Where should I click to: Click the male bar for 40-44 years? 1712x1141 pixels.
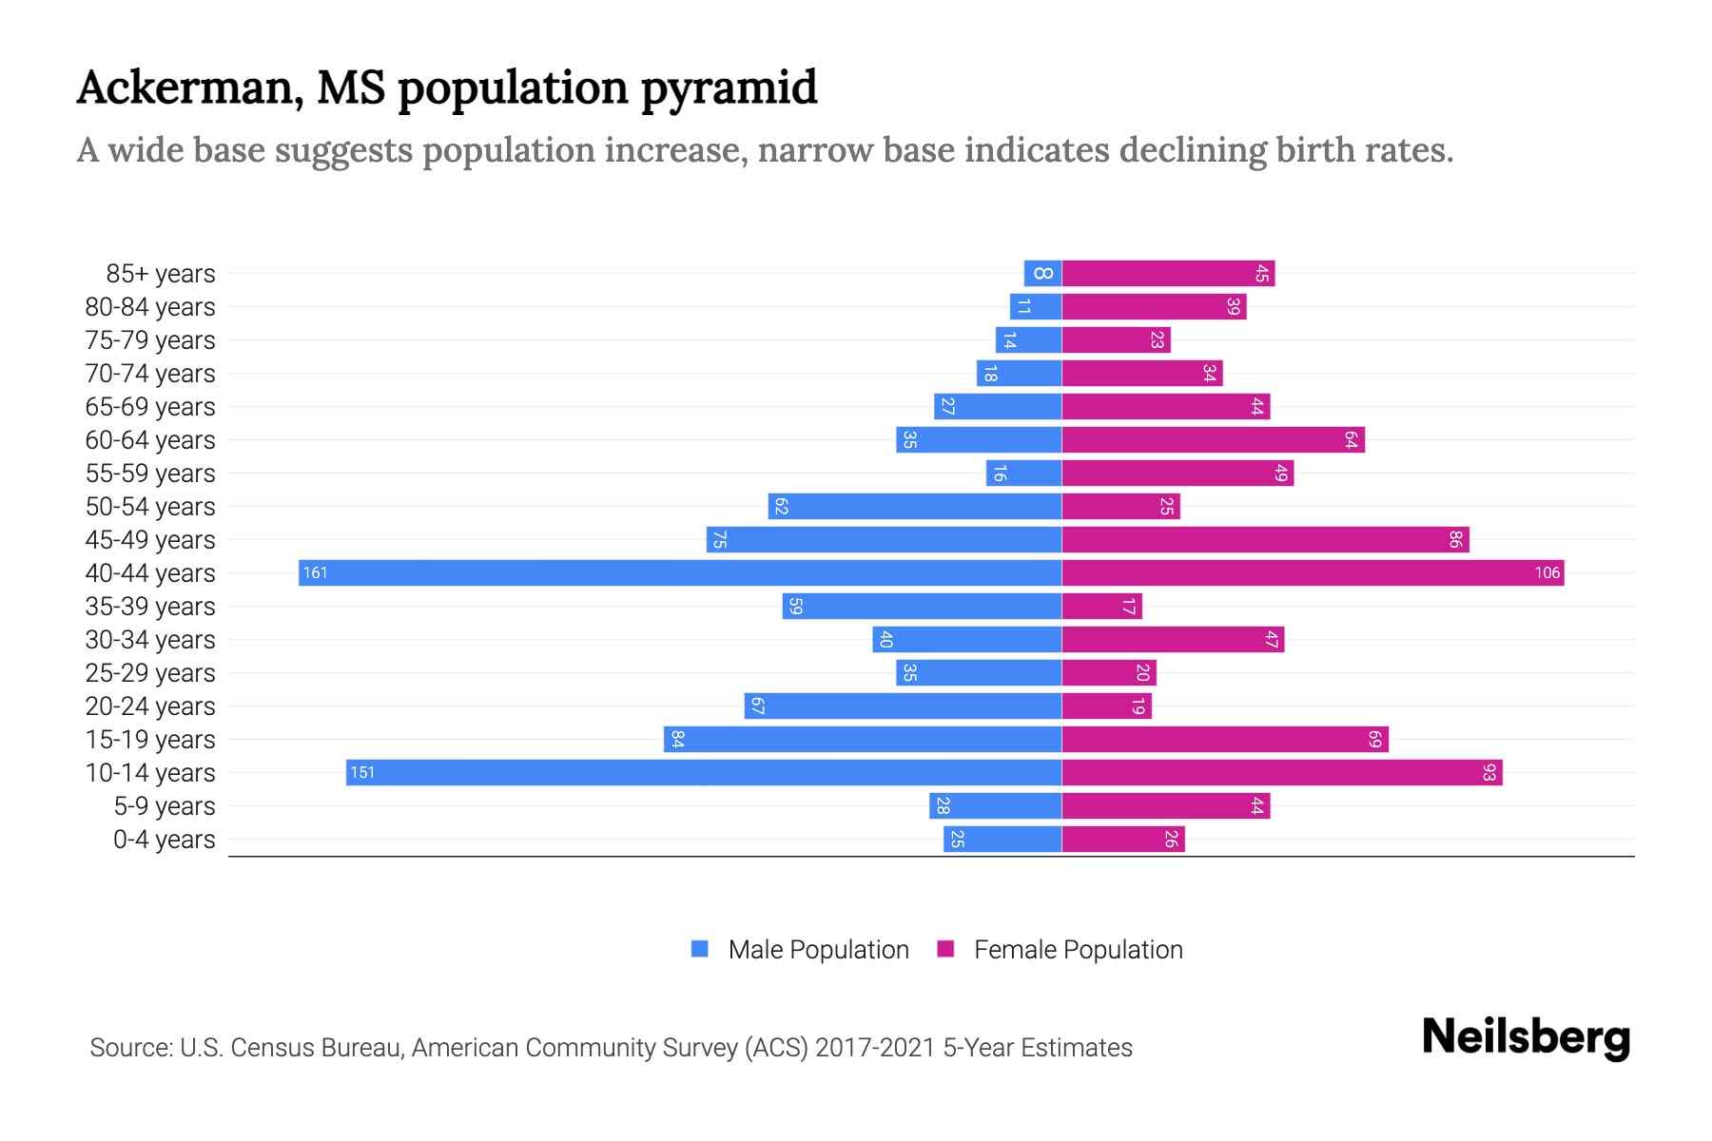(680, 572)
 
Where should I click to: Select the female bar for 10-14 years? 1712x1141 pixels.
(1281, 772)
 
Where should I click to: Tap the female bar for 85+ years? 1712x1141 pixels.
(1168, 273)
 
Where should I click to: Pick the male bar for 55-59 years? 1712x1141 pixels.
(1023, 473)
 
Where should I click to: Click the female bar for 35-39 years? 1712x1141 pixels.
(1101, 606)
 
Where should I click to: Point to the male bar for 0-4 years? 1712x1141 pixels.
(1002, 839)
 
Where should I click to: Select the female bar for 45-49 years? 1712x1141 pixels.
(1265, 539)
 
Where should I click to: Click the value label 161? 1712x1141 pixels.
(315, 572)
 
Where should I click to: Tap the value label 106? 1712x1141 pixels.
(1547, 572)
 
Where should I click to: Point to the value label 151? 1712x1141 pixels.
(362, 772)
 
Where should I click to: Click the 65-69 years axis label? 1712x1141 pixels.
(150, 407)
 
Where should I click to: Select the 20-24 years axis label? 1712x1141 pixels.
(150, 706)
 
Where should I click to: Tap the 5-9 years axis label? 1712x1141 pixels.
(164, 806)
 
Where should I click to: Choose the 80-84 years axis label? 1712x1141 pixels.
(150, 307)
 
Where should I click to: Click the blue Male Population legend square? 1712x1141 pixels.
(700, 949)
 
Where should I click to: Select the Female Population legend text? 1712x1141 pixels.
(1078, 949)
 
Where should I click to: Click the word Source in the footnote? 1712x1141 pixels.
(129, 1048)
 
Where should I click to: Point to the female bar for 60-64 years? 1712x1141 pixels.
(1213, 439)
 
